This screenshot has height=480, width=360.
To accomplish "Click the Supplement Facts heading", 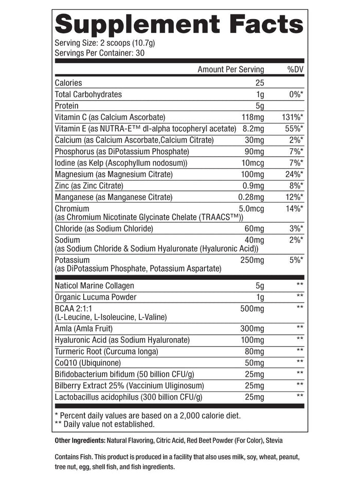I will [178, 25].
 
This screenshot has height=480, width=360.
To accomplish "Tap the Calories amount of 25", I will [259, 83].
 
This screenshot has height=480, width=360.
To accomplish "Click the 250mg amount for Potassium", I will [252, 260].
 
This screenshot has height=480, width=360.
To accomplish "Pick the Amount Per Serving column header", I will [230, 69].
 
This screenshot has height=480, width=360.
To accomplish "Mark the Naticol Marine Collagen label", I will [94, 286].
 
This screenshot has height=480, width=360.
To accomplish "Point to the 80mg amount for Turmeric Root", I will [254, 351].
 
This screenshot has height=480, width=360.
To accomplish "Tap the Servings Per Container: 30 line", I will [100, 52].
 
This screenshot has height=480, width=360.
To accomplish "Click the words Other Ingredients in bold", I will [79, 441].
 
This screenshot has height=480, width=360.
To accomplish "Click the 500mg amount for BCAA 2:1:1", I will [252, 309].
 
